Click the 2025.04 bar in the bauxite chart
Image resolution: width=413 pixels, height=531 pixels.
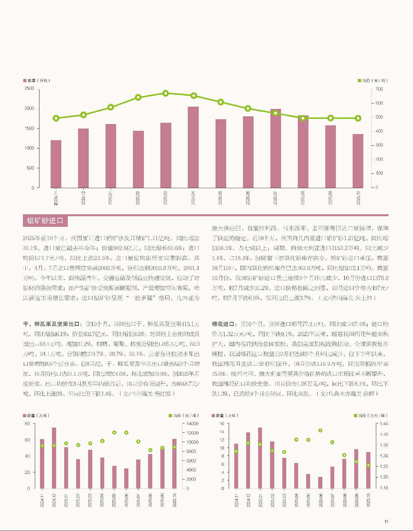[x=193, y=147]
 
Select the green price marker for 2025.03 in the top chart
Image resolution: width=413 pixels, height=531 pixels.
[x=166, y=93]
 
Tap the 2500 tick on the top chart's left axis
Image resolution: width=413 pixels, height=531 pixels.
[x=29, y=89]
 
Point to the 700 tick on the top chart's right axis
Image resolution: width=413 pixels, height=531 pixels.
[x=379, y=89]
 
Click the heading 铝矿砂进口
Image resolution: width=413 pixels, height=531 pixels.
[x=45, y=221]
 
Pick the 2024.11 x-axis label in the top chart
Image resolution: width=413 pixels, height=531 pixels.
[x=56, y=197]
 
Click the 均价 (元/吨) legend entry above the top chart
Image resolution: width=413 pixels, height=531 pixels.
[x=375, y=81]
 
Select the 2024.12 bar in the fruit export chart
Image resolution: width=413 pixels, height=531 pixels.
[x=54, y=458]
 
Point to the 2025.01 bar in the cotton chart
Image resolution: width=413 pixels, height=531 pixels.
[x=260, y=458]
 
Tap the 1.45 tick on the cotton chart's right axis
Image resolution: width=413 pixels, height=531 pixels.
[x=384, y=424]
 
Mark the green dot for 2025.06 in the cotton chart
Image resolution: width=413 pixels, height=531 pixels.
[x=320, y=430]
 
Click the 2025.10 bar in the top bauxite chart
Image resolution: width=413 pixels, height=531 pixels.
[x=358, y=161]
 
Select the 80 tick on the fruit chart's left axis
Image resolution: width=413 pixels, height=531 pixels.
[x=27, y=424]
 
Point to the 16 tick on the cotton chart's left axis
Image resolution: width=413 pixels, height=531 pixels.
[x=222, y=424]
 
